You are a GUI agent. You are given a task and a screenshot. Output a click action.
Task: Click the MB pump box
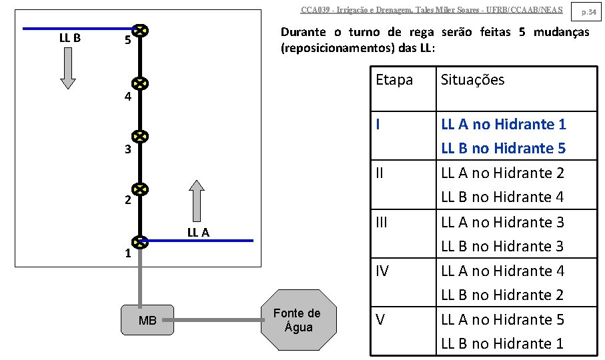[x=147, y=320]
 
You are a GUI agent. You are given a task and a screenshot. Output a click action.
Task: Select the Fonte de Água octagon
[x=297, y=320]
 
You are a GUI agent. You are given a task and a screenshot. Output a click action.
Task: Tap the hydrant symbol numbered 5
[x=139, y=31]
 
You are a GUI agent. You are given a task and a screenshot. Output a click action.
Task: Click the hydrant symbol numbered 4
[x=139, y=83]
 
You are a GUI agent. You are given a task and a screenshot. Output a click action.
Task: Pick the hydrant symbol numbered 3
[x=139, y=137]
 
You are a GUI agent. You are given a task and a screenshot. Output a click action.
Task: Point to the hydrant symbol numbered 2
[x=139, y=189]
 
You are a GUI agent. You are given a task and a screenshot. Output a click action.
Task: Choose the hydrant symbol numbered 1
[x=139, y=241]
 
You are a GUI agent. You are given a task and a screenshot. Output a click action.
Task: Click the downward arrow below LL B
[x=69, y=68]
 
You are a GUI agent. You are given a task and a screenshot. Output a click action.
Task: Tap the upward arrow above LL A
[x=196, y=200]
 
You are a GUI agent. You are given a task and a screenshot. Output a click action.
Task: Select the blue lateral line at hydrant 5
[x=77, y=29]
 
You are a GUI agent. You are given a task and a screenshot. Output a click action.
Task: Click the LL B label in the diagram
[x=70, y=38]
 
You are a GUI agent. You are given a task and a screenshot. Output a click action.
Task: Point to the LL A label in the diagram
[x=198, y=232]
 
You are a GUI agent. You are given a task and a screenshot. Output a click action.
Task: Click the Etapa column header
[x=394, y=80]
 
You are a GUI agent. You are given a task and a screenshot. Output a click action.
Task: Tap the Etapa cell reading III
[x=382, y=222]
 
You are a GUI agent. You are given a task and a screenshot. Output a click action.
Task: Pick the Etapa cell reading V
[x=380, y=319]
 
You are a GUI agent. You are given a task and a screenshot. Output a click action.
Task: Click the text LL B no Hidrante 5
[x=503, y=148]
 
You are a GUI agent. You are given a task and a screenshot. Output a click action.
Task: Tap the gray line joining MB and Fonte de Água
[x=217, y=320]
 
